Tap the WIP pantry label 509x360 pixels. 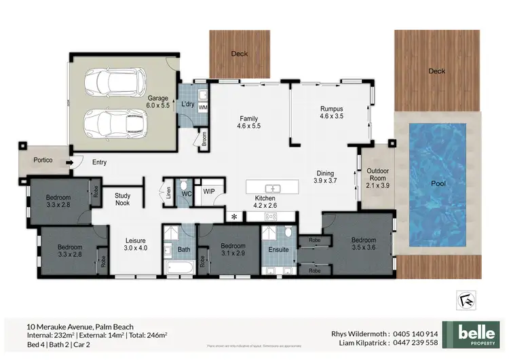(x=209, y=192)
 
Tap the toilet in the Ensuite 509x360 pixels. (x=288, y=233)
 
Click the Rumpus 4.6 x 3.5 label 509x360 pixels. (x=332, y=112)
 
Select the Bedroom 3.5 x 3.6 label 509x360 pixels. (x=364, y=244)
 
